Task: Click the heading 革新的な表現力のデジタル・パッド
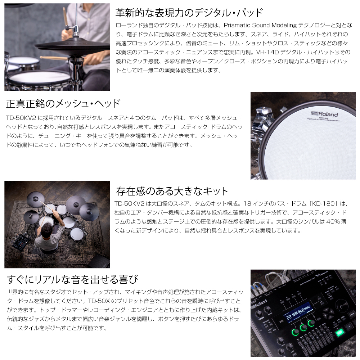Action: pos(189,13)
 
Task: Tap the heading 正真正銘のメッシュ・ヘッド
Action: pos(63,104)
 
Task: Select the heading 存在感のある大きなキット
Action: pos(172,191)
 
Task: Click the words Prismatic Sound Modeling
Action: pos(260,25)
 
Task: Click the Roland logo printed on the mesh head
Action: pos(324,114)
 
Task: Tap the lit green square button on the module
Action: pos(339,332)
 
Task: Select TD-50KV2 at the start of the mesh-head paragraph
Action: pos(21,118)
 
